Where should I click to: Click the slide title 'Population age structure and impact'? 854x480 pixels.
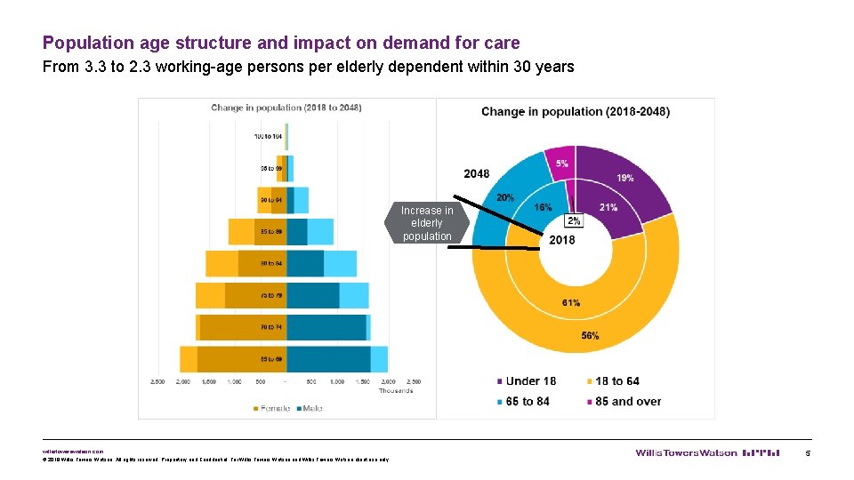click(281, 43)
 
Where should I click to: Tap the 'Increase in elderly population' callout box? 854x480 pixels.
click(426, 223)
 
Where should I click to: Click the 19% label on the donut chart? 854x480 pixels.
click(625, 178)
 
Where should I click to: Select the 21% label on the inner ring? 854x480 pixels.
click(608, 207)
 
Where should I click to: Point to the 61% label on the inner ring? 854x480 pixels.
click(571, 303)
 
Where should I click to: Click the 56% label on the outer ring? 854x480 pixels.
click(590, 335)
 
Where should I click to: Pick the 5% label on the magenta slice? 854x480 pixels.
click(562, 164)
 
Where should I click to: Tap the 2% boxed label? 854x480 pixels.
click(574, 221)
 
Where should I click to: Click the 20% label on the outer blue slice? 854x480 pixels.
click(505, 197)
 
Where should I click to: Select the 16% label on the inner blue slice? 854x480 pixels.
click(543, 207)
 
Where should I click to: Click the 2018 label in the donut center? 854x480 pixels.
click(561, 240)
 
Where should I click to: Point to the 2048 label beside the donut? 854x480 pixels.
click(477, 173)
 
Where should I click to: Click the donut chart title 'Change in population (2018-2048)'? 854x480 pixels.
click(576, 111)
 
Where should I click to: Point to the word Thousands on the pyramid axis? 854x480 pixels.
click(396, 390)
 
